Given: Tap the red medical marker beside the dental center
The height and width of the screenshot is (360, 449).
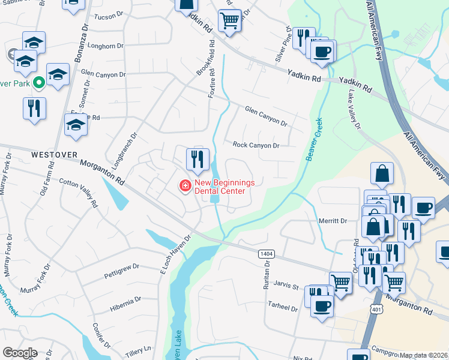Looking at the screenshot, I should [185, 187].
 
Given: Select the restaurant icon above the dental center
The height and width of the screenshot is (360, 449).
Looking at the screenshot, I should [197, 160].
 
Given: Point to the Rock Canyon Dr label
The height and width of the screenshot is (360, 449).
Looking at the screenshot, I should [256, 145].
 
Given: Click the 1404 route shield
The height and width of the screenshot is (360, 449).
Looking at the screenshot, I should [267, 254].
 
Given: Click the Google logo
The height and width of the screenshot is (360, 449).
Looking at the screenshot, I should [20, 353].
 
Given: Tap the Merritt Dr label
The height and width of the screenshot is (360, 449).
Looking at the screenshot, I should [333, 221].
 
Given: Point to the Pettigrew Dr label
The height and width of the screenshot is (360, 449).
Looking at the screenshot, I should [121, 266].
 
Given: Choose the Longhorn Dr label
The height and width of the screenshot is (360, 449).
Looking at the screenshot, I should [105, 46].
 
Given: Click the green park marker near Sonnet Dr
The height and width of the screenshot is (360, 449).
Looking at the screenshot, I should [38, 83].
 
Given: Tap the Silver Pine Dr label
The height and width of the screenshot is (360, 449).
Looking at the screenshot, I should [285, 45].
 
